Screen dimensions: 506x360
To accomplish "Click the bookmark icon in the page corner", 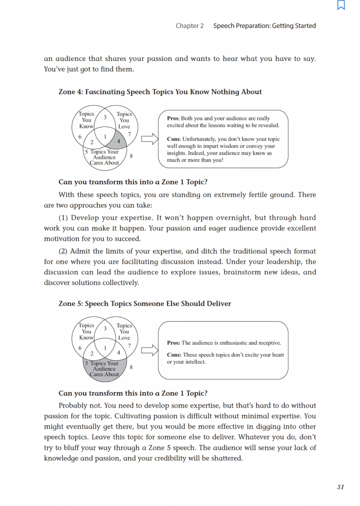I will pyautogui.click(x=341, y=5).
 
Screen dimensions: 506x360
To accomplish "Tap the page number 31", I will pyautogui.click(x=340, y=487).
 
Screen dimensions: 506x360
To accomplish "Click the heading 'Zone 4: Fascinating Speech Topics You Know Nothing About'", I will pyautogui.click(x=160, y=92).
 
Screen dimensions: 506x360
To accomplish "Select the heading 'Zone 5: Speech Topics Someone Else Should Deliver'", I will pyautogui.click(x=145, y=304).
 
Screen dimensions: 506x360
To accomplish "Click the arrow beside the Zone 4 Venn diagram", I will pyautogui.click(x=149, y=139).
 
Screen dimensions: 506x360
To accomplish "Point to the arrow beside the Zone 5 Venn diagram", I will pyautogui.click(x=149, y=350).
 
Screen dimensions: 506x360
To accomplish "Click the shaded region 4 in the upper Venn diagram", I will pyautogui.click(x=119, y=141).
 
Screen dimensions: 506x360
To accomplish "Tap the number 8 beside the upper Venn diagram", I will pyautogui.click(x=131, y=156).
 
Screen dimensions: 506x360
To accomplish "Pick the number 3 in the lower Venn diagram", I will pyautogui.click(x=105, y=329).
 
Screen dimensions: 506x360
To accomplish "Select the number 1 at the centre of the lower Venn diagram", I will pyautogui.click(x=105, y=348).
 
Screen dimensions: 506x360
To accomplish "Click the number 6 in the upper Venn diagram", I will pyautogui.click(x=80, y=137).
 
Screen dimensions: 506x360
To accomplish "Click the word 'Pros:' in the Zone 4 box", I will pyautogui.click(x=173, y=118).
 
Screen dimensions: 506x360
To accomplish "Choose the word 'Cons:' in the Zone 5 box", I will pyautogui.click(x=174, y=355).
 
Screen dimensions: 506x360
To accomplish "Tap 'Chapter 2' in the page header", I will pyautogui.click(x=190, y=26).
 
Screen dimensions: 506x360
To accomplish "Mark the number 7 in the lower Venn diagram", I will pyautogui.click(x=129, y=346).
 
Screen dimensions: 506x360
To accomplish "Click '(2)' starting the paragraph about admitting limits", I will pyautogui.click(x=63, y=251).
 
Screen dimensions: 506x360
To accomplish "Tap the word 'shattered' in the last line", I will pyautogui.click(x=226, y=458).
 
